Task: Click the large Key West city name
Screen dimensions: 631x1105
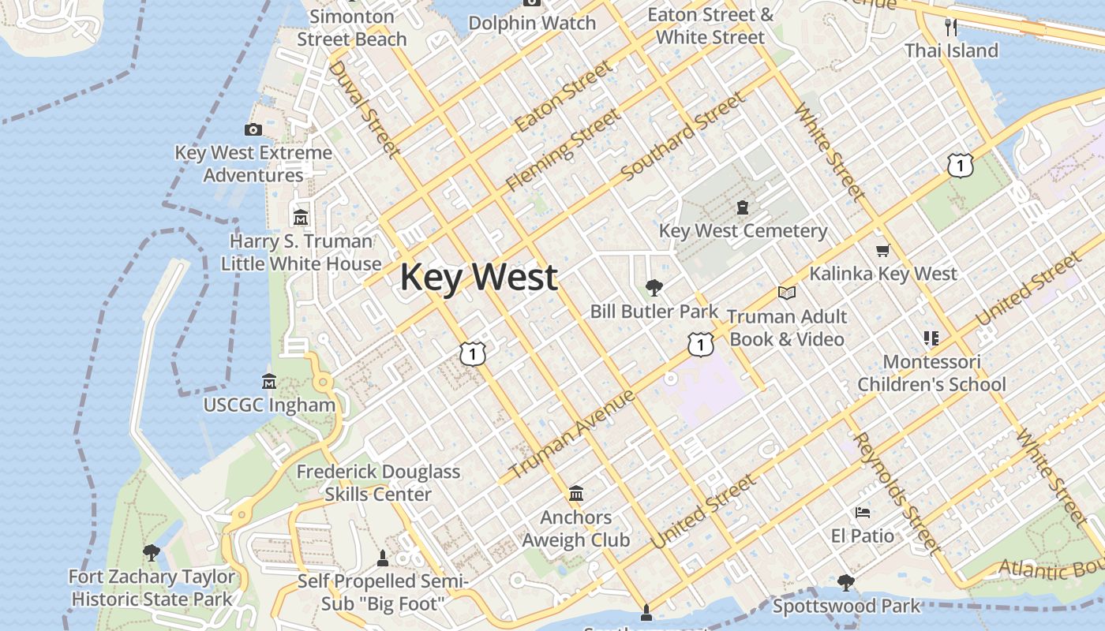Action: pos(479,278)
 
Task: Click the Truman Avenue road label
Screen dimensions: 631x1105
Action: pos(571,434)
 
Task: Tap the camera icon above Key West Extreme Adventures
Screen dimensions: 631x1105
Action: pos(253,129)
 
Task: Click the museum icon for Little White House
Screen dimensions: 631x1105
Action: pos(300,217)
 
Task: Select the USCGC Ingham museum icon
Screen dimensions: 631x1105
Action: pos(269,381)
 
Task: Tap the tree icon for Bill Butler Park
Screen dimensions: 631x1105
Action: pos(654,287)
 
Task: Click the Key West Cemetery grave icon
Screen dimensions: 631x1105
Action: pos(742,207)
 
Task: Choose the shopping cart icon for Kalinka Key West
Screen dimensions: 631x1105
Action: pos(882,250)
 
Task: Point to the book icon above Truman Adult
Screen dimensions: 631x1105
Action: pos(786,293)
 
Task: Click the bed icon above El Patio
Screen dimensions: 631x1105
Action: pos(862,513)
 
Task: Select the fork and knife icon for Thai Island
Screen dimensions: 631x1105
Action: pos(951,28)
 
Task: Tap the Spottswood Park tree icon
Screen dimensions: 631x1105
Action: pos(846,583)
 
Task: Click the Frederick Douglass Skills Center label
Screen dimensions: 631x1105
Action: pos(378,483)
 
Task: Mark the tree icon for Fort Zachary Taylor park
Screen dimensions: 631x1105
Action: pos(151,553)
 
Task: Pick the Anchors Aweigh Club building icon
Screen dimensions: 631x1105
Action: pos(576,494)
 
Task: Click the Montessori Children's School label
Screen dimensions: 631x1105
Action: pos(931,373)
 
